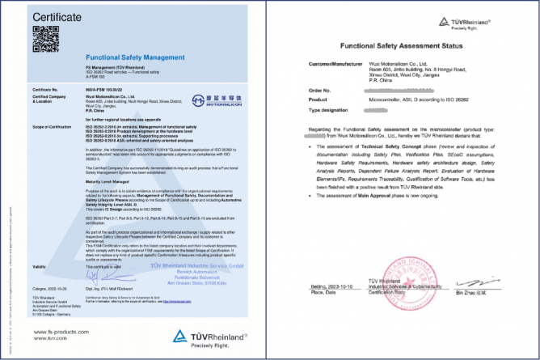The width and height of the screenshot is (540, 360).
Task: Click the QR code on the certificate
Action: point(41,37)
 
